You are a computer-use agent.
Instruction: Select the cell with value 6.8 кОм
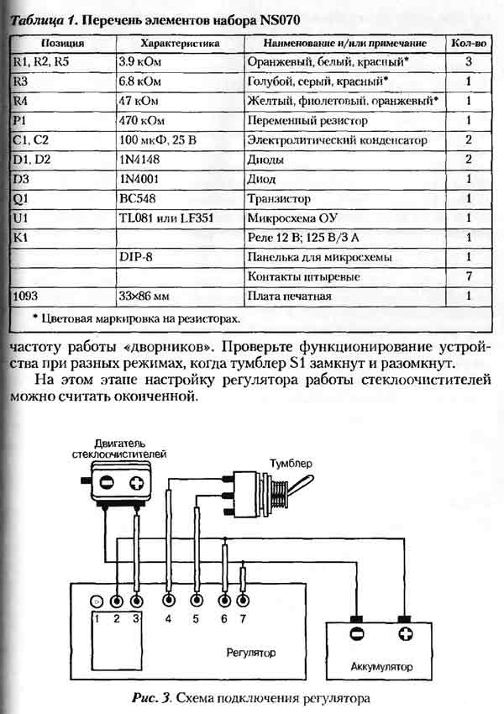(139, 81)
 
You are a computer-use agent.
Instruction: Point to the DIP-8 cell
(136, 257)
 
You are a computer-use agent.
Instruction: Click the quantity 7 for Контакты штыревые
(468, 276)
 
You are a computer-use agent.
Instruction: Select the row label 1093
(29, 296)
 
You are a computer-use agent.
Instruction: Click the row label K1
(22, 238)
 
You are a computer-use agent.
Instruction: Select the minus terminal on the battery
(356, 634)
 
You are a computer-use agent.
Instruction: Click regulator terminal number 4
(169, 601)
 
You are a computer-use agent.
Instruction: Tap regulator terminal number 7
(243, 601)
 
